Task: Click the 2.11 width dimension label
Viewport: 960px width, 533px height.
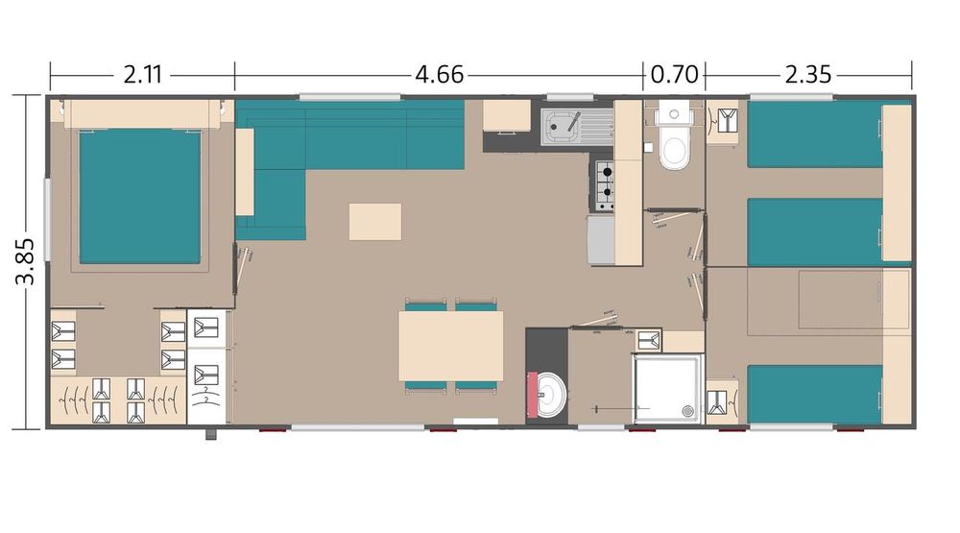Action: (143, 75)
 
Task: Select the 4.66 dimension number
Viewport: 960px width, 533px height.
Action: (439, 75)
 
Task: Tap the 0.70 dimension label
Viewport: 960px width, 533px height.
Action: (674, 75)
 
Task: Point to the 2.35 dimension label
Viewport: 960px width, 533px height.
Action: (808, 75)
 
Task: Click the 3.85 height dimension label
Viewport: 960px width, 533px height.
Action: (26, 261)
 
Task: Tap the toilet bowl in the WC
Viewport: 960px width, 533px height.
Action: (674, 150)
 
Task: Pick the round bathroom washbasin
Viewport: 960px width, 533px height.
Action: (550, 395)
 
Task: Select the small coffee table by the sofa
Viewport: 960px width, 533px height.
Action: (375, 222)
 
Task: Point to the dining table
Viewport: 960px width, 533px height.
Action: (451, 346)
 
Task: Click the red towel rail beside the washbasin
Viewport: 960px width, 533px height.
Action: (532, 395)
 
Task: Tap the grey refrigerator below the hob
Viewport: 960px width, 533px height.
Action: (601, 239)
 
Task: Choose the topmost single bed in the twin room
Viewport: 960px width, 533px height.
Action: (814, 134)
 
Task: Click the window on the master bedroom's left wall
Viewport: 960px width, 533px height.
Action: (47, 211)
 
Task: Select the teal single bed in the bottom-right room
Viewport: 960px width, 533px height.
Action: (814, 394)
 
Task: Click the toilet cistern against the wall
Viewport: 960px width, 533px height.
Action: (674, 114)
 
